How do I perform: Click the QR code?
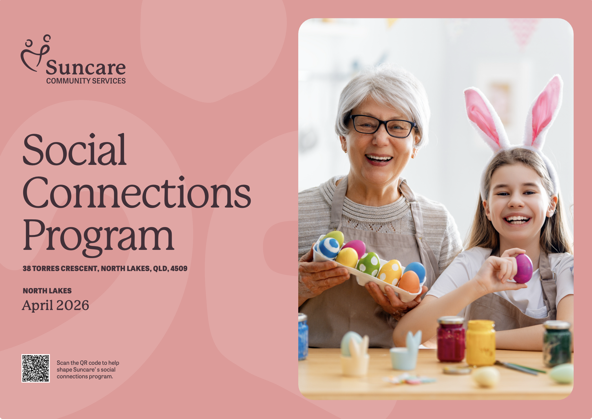(x=36, y=368)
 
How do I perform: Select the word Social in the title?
(x=75, y=150)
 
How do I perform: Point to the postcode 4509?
(x=179, y=269)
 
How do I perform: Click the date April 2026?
(x=56, y=305)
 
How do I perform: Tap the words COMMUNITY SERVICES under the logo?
(x=86, y=81)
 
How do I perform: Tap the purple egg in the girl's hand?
(x=523, y=269)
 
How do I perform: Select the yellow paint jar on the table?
(x=480, y=342)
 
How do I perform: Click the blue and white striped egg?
(x=329, y=248)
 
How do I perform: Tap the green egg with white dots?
(x=368, y=264)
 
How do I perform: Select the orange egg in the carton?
(x=409, y=281)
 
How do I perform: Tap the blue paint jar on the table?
(x=303, y=337)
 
